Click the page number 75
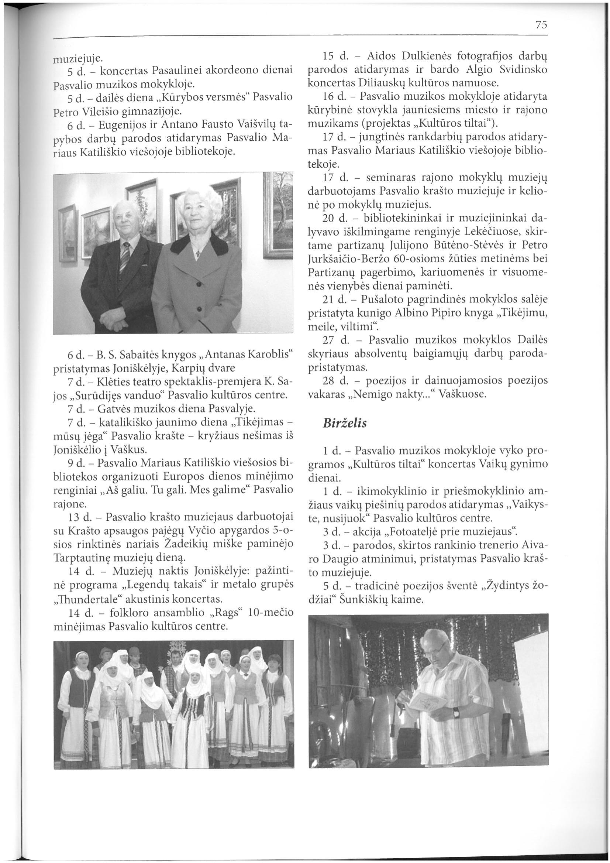point(541,25)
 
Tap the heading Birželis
point(344,423)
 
